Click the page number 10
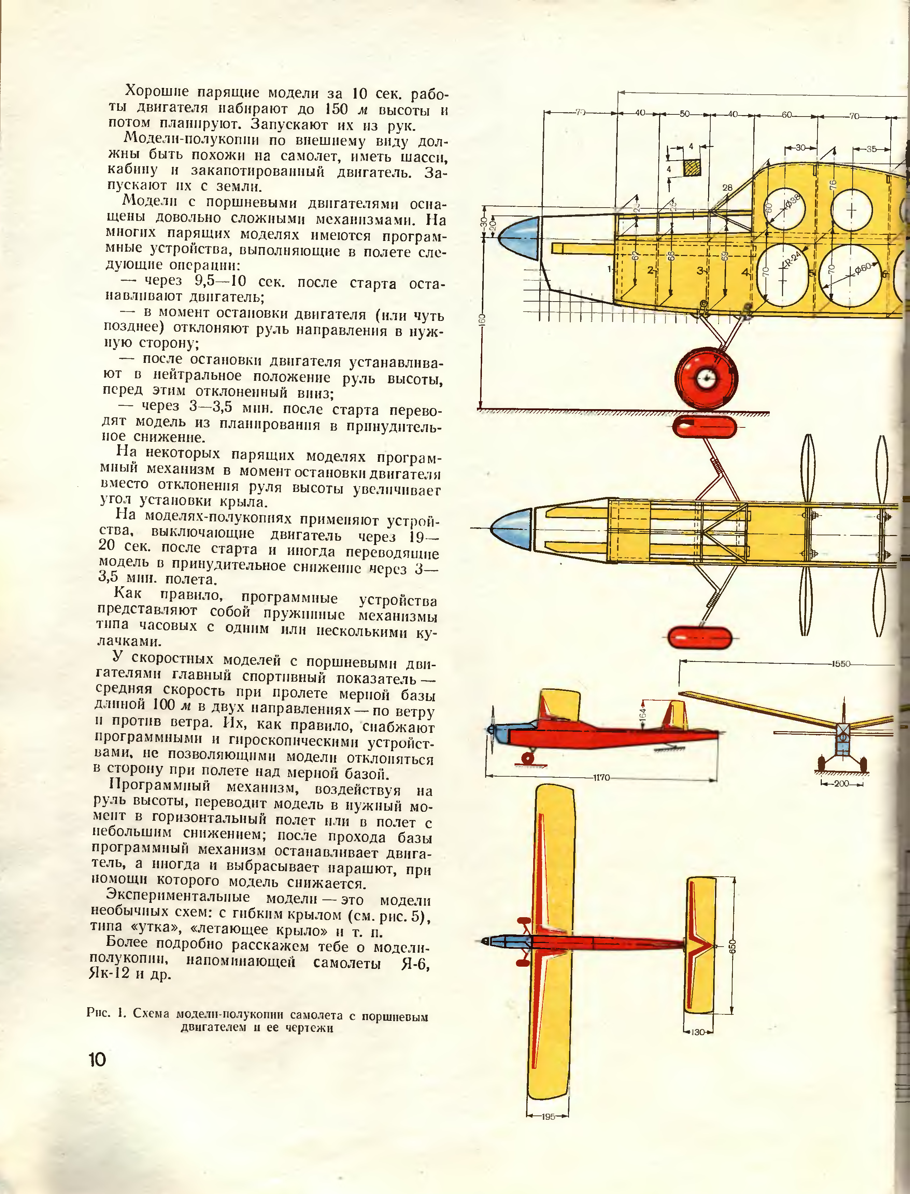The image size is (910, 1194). [98, 1060]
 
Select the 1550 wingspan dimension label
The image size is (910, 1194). [841, 664]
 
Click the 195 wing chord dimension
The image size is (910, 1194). [548, 1117]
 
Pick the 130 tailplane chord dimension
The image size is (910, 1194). [698, 1032]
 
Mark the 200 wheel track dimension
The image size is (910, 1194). [841, 783]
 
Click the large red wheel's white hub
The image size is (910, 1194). [706, 379]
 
